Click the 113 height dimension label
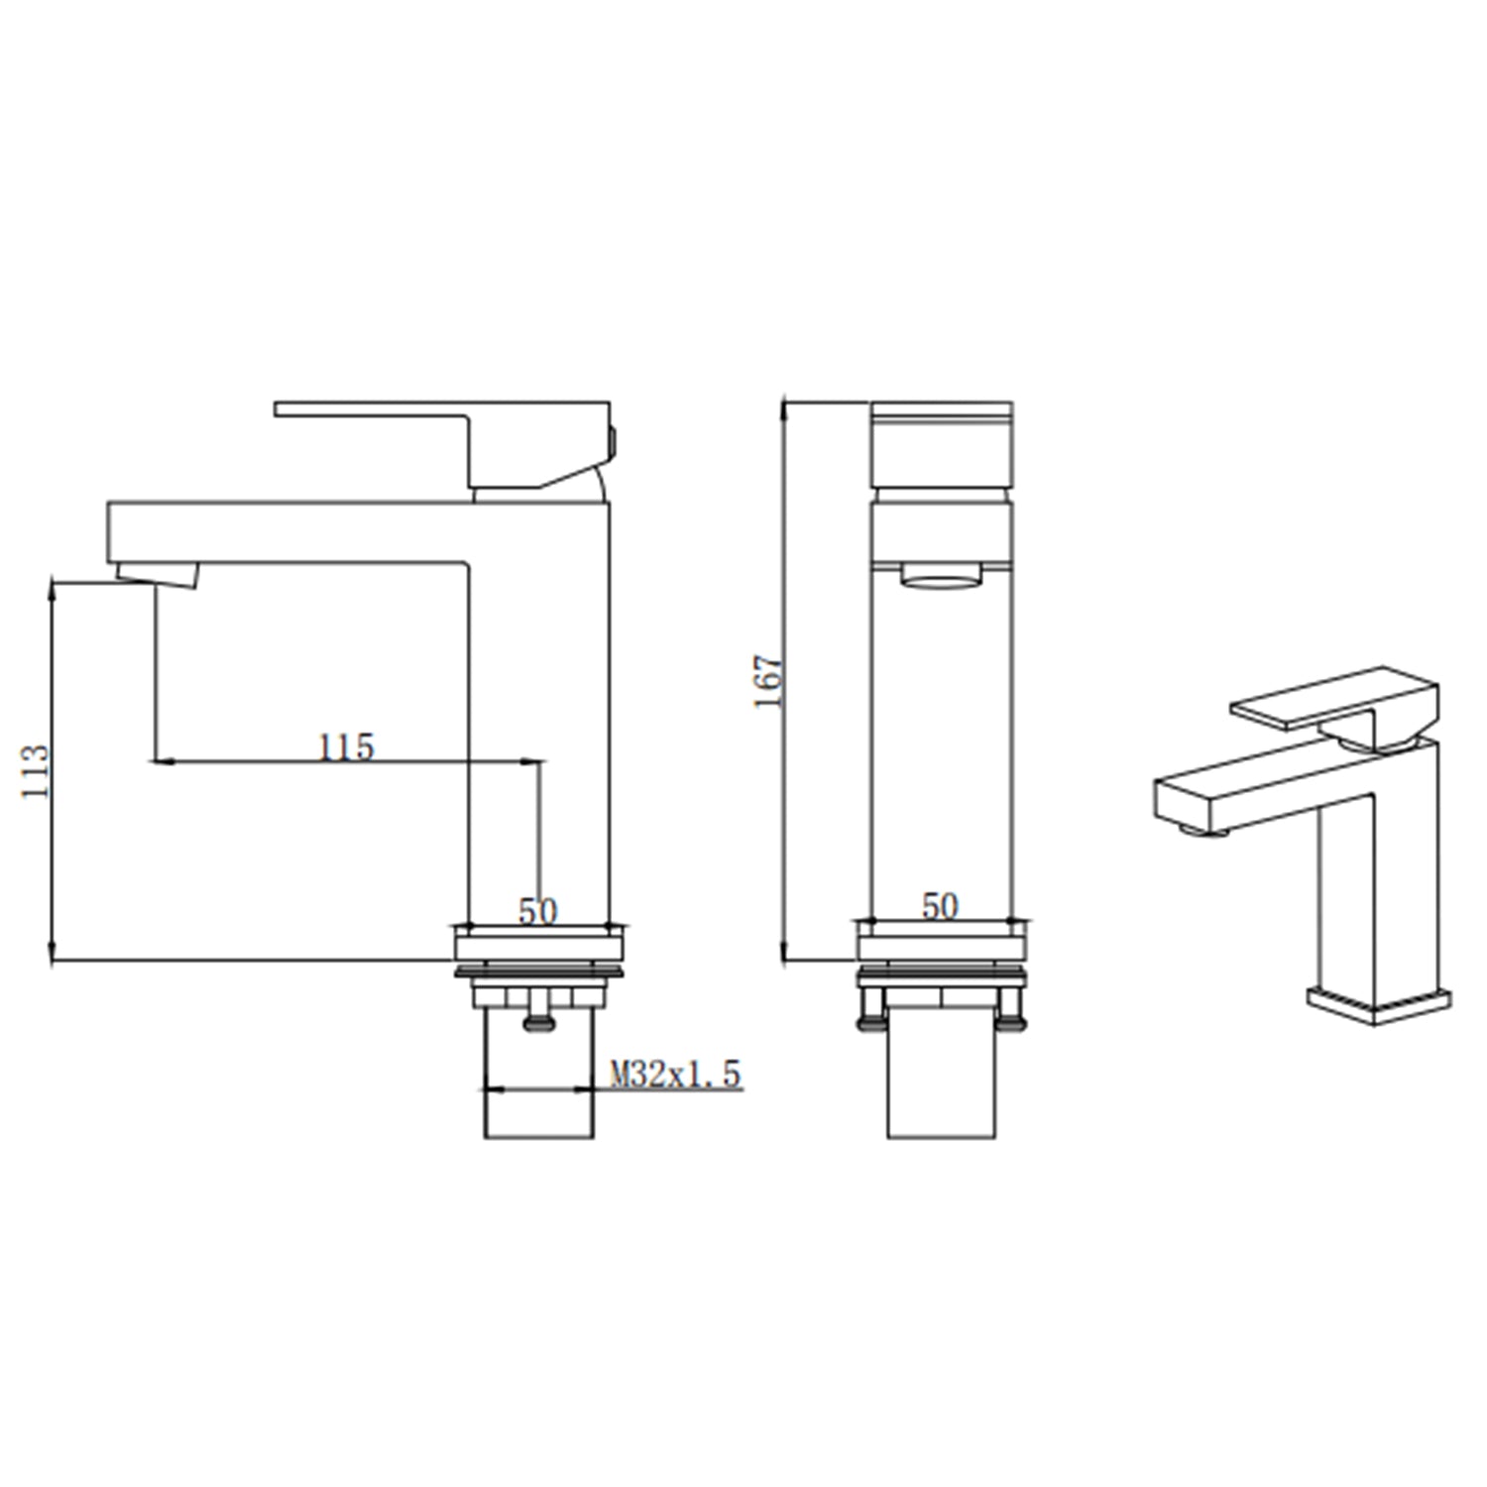35,770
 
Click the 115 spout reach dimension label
346,746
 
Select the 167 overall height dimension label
768,680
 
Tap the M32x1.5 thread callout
675,1074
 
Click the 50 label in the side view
537,911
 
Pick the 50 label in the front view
940,905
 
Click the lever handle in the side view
397,410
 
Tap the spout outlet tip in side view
158,574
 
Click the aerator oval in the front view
940,576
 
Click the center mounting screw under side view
538,1017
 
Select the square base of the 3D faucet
1378,1003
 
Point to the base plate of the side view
538,947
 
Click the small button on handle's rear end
613,441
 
